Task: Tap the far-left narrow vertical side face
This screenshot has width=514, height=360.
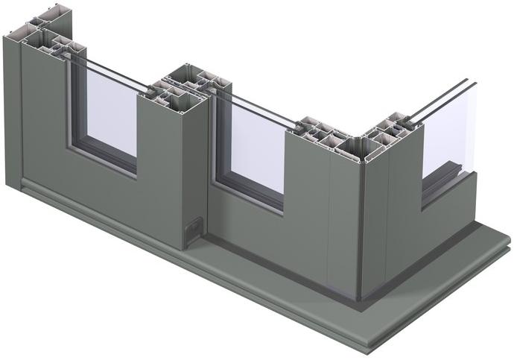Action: [11, 112]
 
